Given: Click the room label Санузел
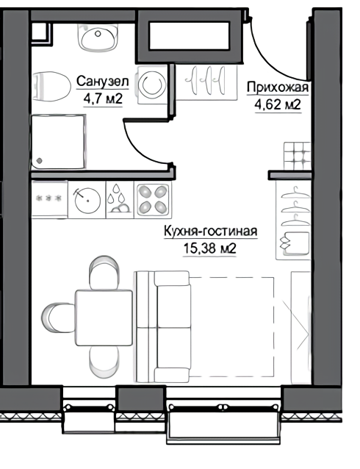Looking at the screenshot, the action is [103, 82].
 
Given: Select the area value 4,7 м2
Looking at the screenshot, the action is [103, 99].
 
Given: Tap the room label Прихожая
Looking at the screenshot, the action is [278, 87].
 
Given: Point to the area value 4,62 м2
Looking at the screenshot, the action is [278, 104].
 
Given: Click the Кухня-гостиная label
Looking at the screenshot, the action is [211, 232].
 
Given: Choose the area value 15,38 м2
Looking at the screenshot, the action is [209, 248].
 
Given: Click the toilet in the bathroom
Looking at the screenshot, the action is [51, 86].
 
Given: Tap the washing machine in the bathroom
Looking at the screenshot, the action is [153, 85].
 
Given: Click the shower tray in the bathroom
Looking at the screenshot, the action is [59, 142].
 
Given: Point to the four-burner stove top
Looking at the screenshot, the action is [153, 198].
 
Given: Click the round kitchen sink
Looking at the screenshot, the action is [87, 200].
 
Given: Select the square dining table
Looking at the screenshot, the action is [104, 318].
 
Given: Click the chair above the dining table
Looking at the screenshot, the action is [104, 273].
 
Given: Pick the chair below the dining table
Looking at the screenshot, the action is [104, 362].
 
